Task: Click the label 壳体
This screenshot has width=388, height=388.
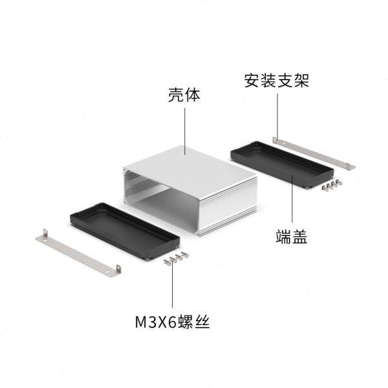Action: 184,96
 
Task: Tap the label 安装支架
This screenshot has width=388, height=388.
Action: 277,81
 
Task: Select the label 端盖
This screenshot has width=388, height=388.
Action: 291,237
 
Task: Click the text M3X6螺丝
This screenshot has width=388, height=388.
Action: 173,320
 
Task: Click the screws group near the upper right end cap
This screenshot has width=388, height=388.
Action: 330,185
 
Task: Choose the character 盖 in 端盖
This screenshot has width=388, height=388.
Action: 299,237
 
